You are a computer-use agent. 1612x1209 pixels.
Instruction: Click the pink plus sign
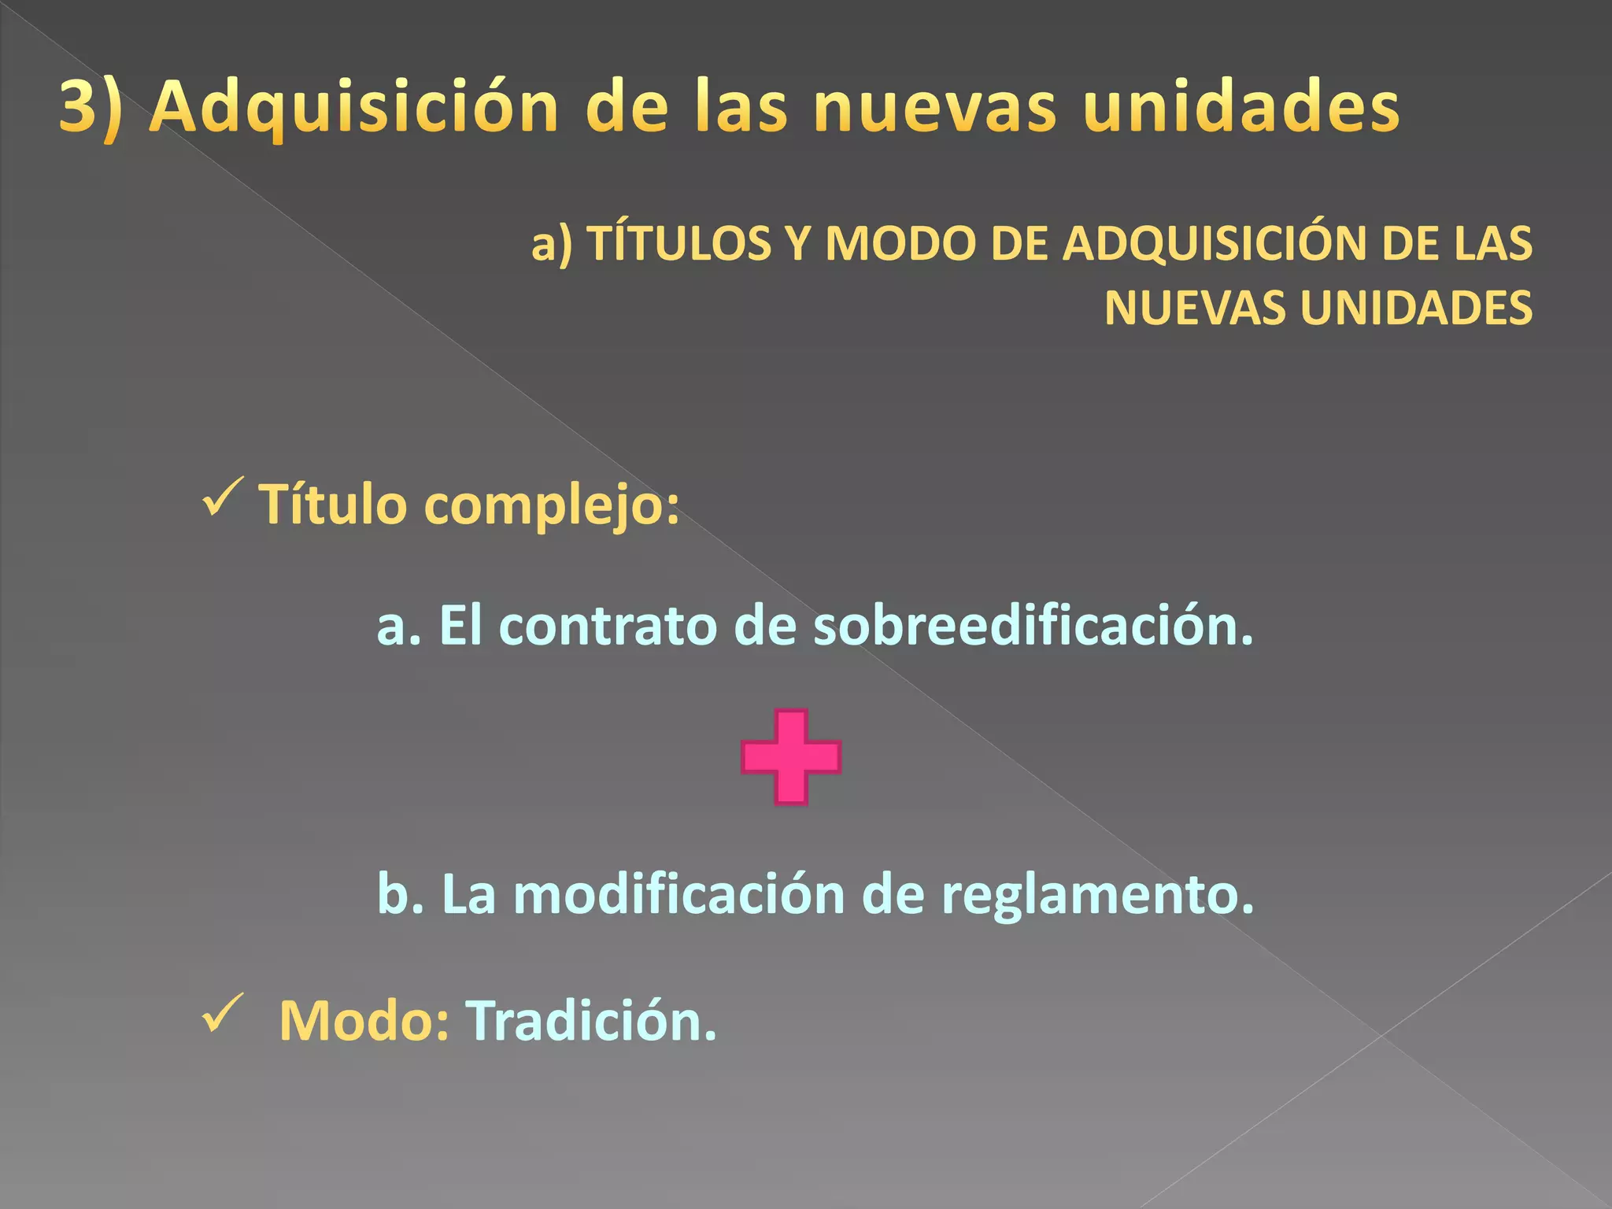791,757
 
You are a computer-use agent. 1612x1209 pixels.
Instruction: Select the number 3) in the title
91,108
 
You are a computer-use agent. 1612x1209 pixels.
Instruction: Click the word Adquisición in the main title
353,108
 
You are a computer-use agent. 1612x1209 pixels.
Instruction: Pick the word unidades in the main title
1241,108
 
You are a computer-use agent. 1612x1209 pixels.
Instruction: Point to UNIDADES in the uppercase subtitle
1416,308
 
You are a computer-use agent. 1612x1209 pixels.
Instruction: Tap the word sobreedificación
1033,627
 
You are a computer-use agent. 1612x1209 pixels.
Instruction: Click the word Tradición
591,1021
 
